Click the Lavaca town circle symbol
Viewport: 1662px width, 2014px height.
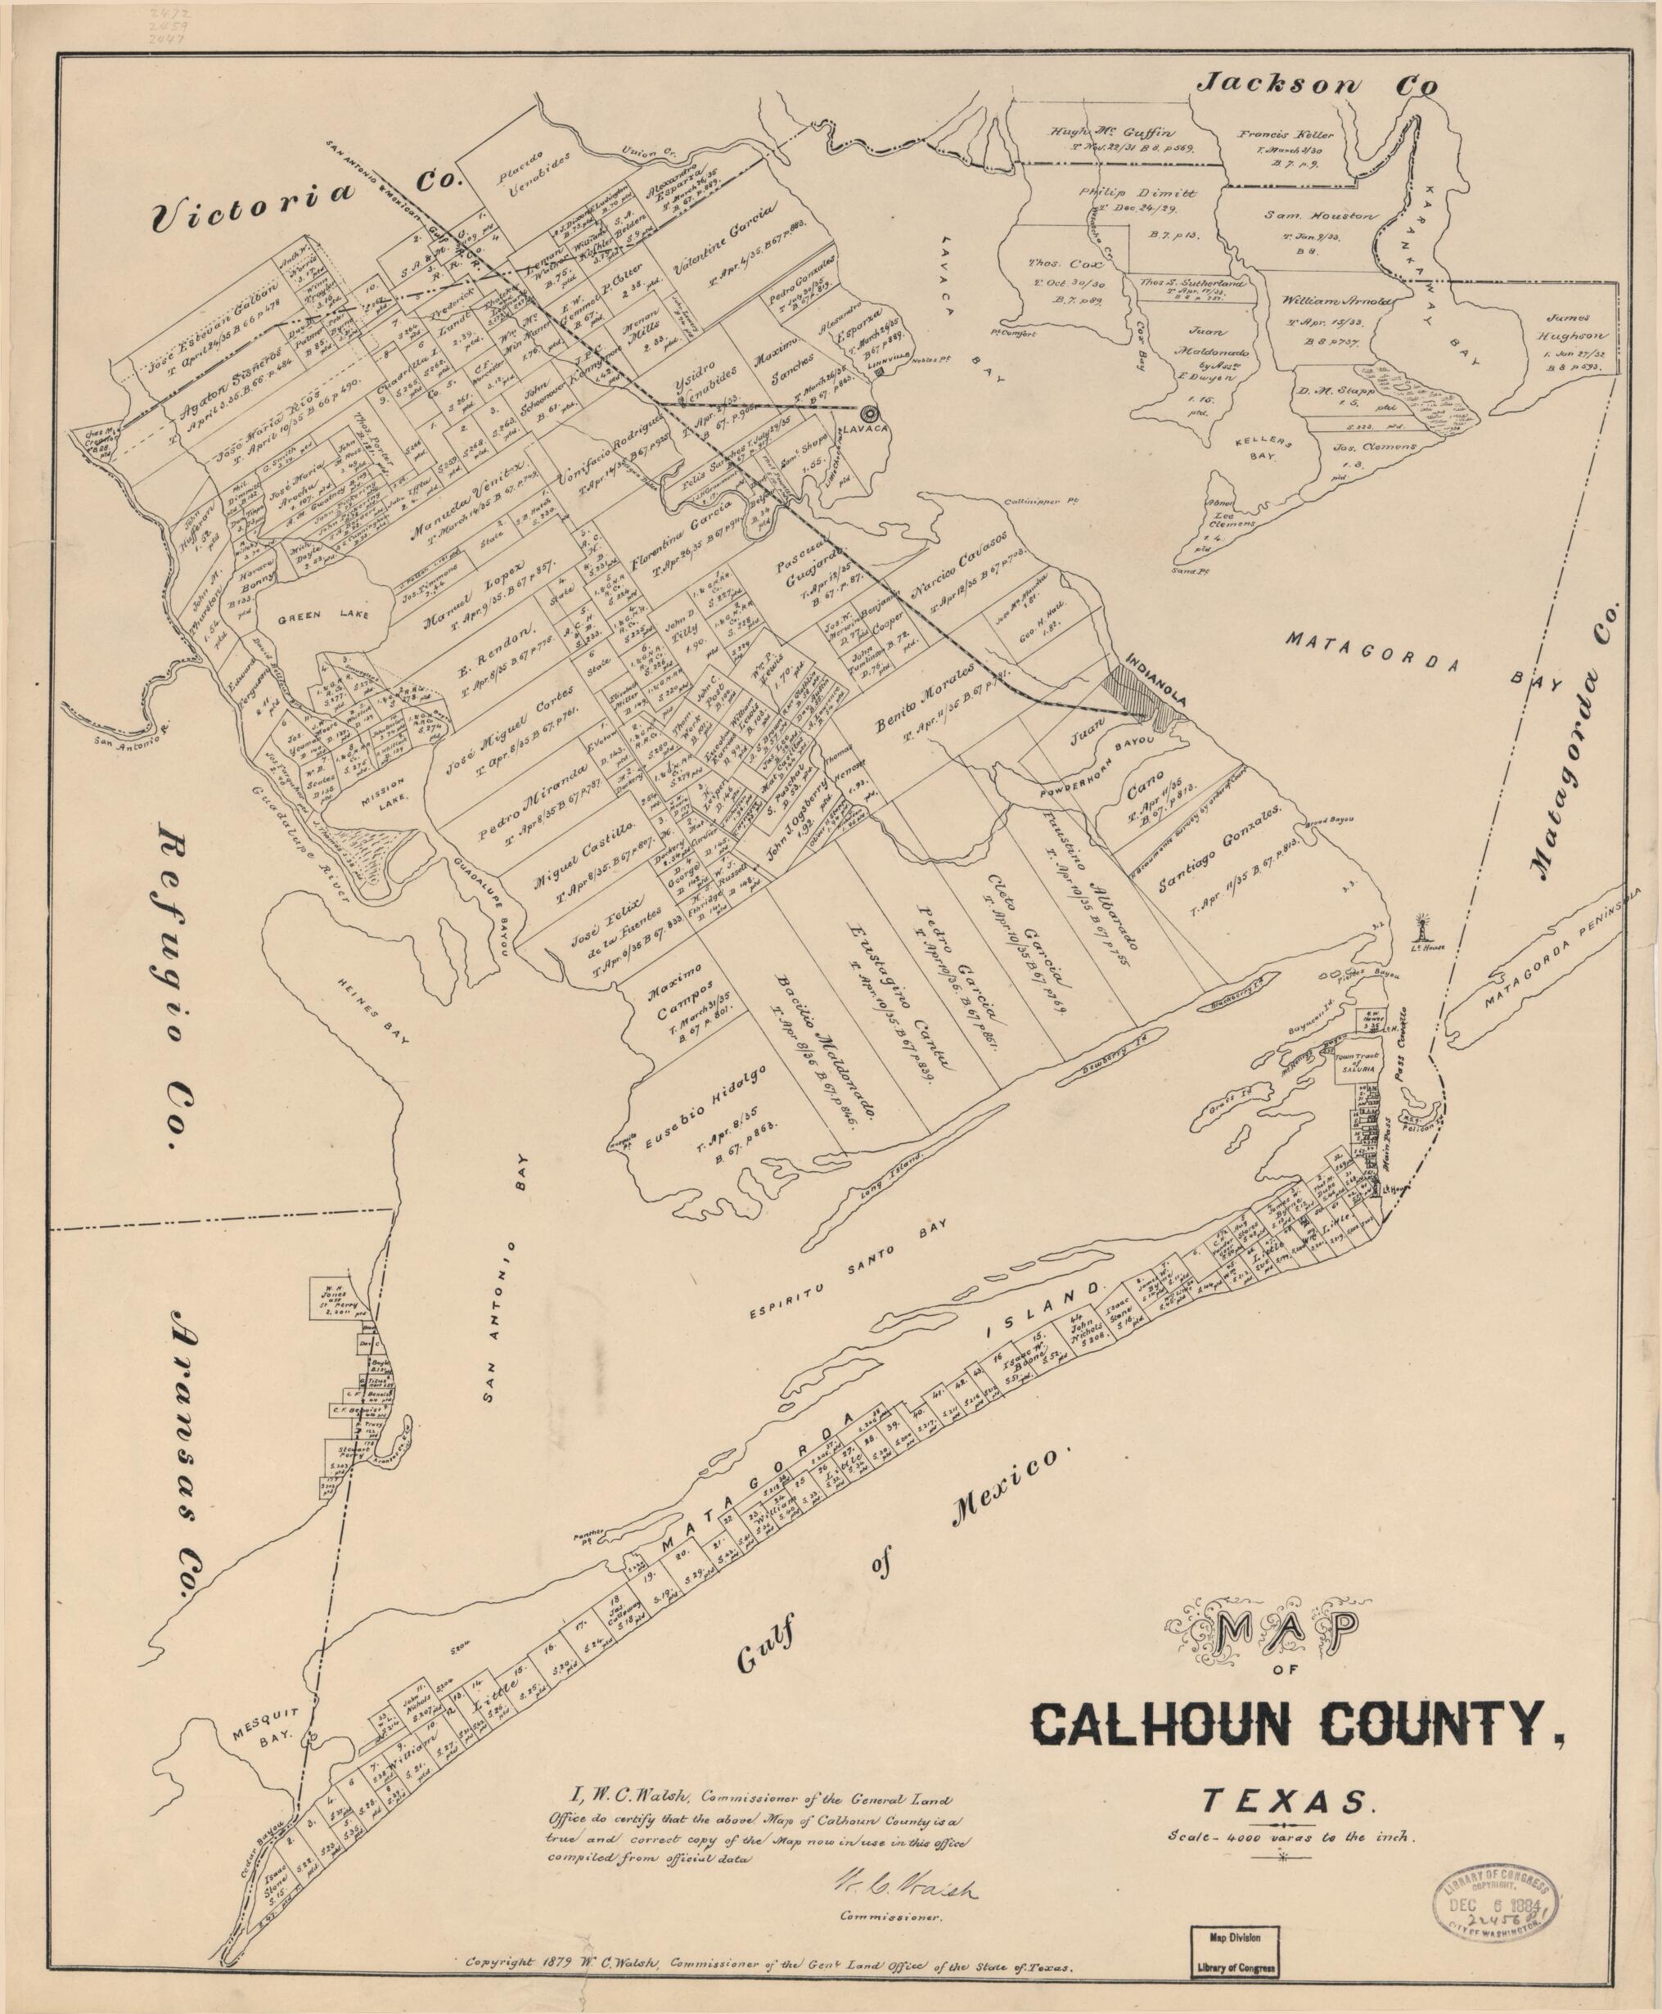point(869,413)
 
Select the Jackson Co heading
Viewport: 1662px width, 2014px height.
point(1319,84)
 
